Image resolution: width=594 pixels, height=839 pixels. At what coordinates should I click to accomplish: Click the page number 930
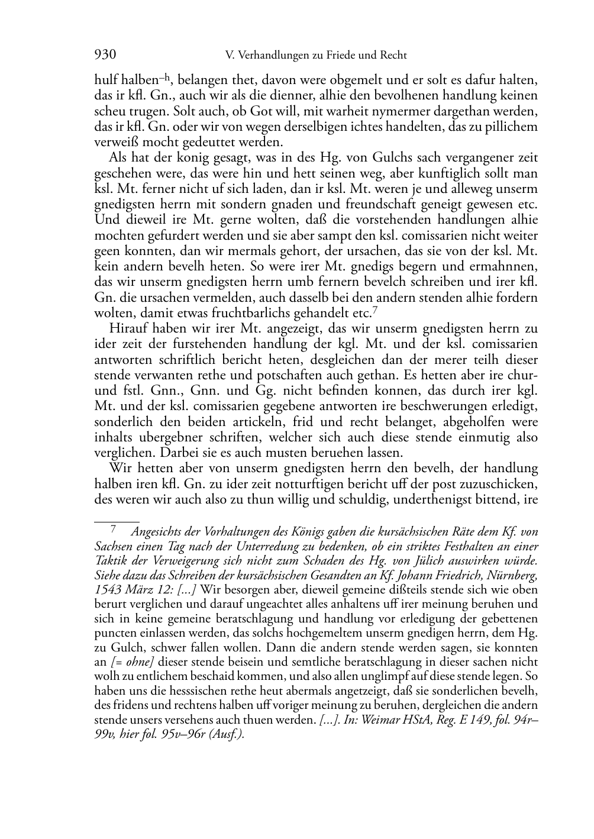click(x=105, y=55)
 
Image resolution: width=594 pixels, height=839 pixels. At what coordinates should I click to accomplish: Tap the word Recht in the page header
click(x=392, y=56)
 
